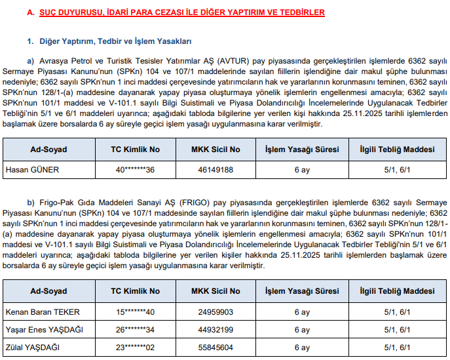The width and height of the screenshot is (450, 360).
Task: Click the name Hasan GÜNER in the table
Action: click(x=32, y=170)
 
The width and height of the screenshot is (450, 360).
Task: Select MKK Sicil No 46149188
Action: click(x=216, y=170)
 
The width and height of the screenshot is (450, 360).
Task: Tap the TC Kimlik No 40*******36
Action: click(x=135, y=170)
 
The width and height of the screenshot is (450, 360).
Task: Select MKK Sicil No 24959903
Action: click(x=216, y=311)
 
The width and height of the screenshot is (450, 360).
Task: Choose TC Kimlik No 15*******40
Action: click(x=135, y=311)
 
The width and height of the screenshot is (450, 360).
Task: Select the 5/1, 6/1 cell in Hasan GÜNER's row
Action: click(x=396, y=170)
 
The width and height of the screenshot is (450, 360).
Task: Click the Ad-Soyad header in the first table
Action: click(x=48, y=149)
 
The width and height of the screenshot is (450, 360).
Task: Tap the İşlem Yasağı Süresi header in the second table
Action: click(x=301, y=290)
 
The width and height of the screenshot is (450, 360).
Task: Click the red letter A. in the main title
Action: click(x=31, y=12)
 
